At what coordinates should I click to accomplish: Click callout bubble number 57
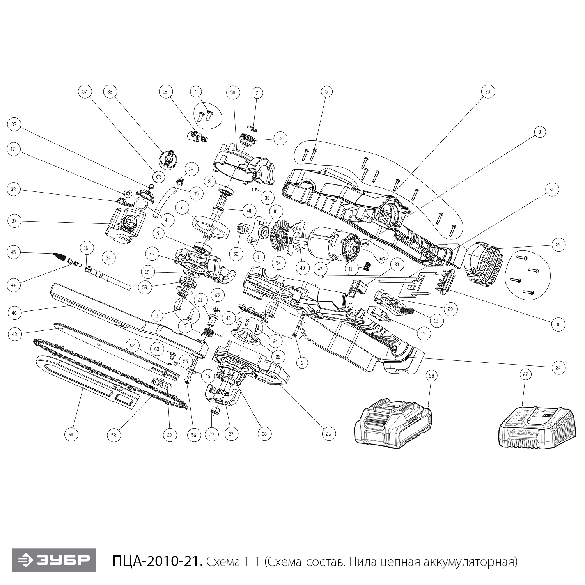coord(85,92)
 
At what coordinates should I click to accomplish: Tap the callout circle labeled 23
coord(487,92)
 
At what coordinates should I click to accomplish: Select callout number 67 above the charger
coord(525,375)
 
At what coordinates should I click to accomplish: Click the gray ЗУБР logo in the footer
coord(54,560)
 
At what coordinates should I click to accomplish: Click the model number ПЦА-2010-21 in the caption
coord(158,562)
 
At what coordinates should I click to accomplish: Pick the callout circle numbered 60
coord(71,434)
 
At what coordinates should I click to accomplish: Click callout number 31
coord(558,324)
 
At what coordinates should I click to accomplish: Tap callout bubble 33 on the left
coord(14,125)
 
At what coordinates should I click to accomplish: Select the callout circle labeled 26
coord(328,434)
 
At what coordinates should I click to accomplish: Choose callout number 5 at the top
coord(326,92)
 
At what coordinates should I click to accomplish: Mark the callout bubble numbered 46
coord(14,312)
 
